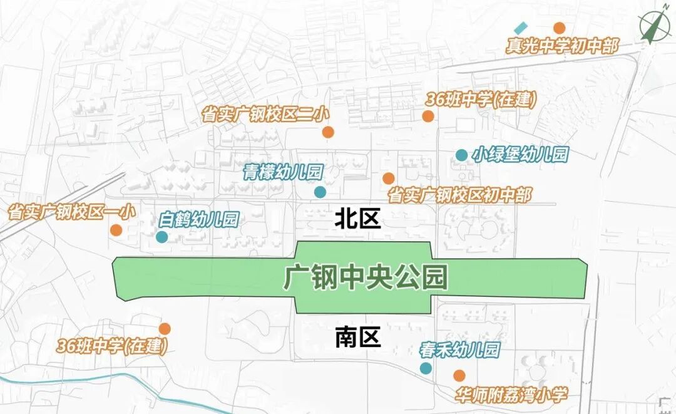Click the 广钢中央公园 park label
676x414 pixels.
[x=366, y=277]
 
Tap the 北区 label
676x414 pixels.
[x=357, y=220]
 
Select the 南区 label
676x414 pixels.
[x=357, y=338]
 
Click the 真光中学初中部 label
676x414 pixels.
[x=561, y=46]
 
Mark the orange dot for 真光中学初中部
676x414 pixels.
[x=559, y=28]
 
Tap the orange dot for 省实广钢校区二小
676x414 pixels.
[x=328, y=132]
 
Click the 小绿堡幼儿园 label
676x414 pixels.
[x=520, y=154]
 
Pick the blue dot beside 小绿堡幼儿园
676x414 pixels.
[x=461, y=155]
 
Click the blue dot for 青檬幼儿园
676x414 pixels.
[x=320, y=192]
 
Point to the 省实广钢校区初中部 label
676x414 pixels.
[x=459, y=195]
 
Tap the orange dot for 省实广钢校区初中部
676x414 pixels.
[x=389, y=179]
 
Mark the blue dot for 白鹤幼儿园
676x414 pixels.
[x=161, y=237]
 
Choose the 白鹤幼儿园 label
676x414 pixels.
[x=199, y=220]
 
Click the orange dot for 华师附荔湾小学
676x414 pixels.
[x=459, y=375]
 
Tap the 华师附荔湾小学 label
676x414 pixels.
[x=511, y=395]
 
